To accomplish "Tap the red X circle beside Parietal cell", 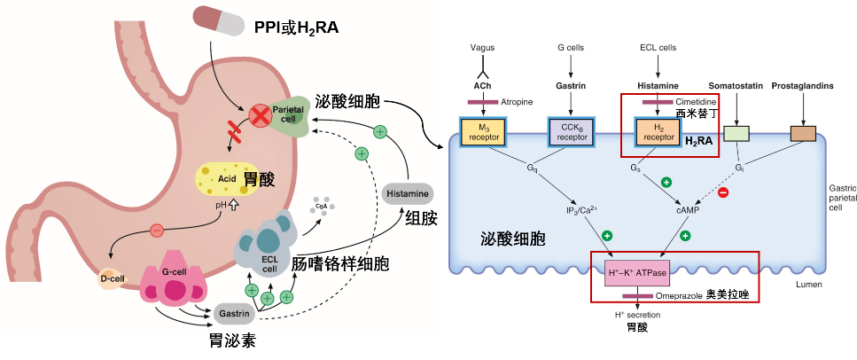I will [261, 114].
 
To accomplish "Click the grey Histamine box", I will [408, 192].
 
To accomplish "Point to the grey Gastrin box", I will [235, 313].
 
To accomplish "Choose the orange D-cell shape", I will [115, 279].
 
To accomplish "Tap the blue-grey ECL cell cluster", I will [269, 247].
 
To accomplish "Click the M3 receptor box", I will [481, 132].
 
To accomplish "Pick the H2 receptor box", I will [657, 132].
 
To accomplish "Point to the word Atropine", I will [517, 102].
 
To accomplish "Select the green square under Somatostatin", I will [736, 135].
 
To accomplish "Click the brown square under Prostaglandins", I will [802, 134].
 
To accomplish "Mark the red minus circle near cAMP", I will [722, 192].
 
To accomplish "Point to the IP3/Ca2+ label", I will [583, 209].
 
